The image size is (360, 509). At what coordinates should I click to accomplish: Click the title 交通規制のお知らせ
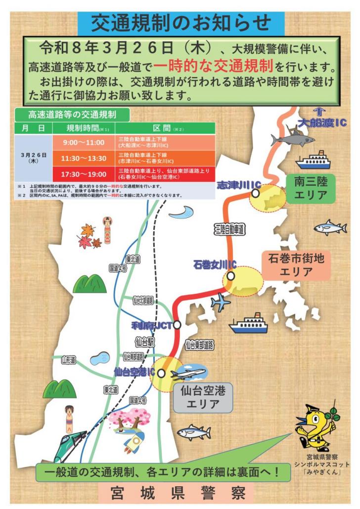click(180, 22)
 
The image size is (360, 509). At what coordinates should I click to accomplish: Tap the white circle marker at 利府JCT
click(177, 325)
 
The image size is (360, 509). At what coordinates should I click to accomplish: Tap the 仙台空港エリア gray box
click(202, 398)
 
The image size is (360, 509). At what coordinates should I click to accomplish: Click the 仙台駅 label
click(144, 341)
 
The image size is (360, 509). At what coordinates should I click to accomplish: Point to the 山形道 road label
click(68, 361)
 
